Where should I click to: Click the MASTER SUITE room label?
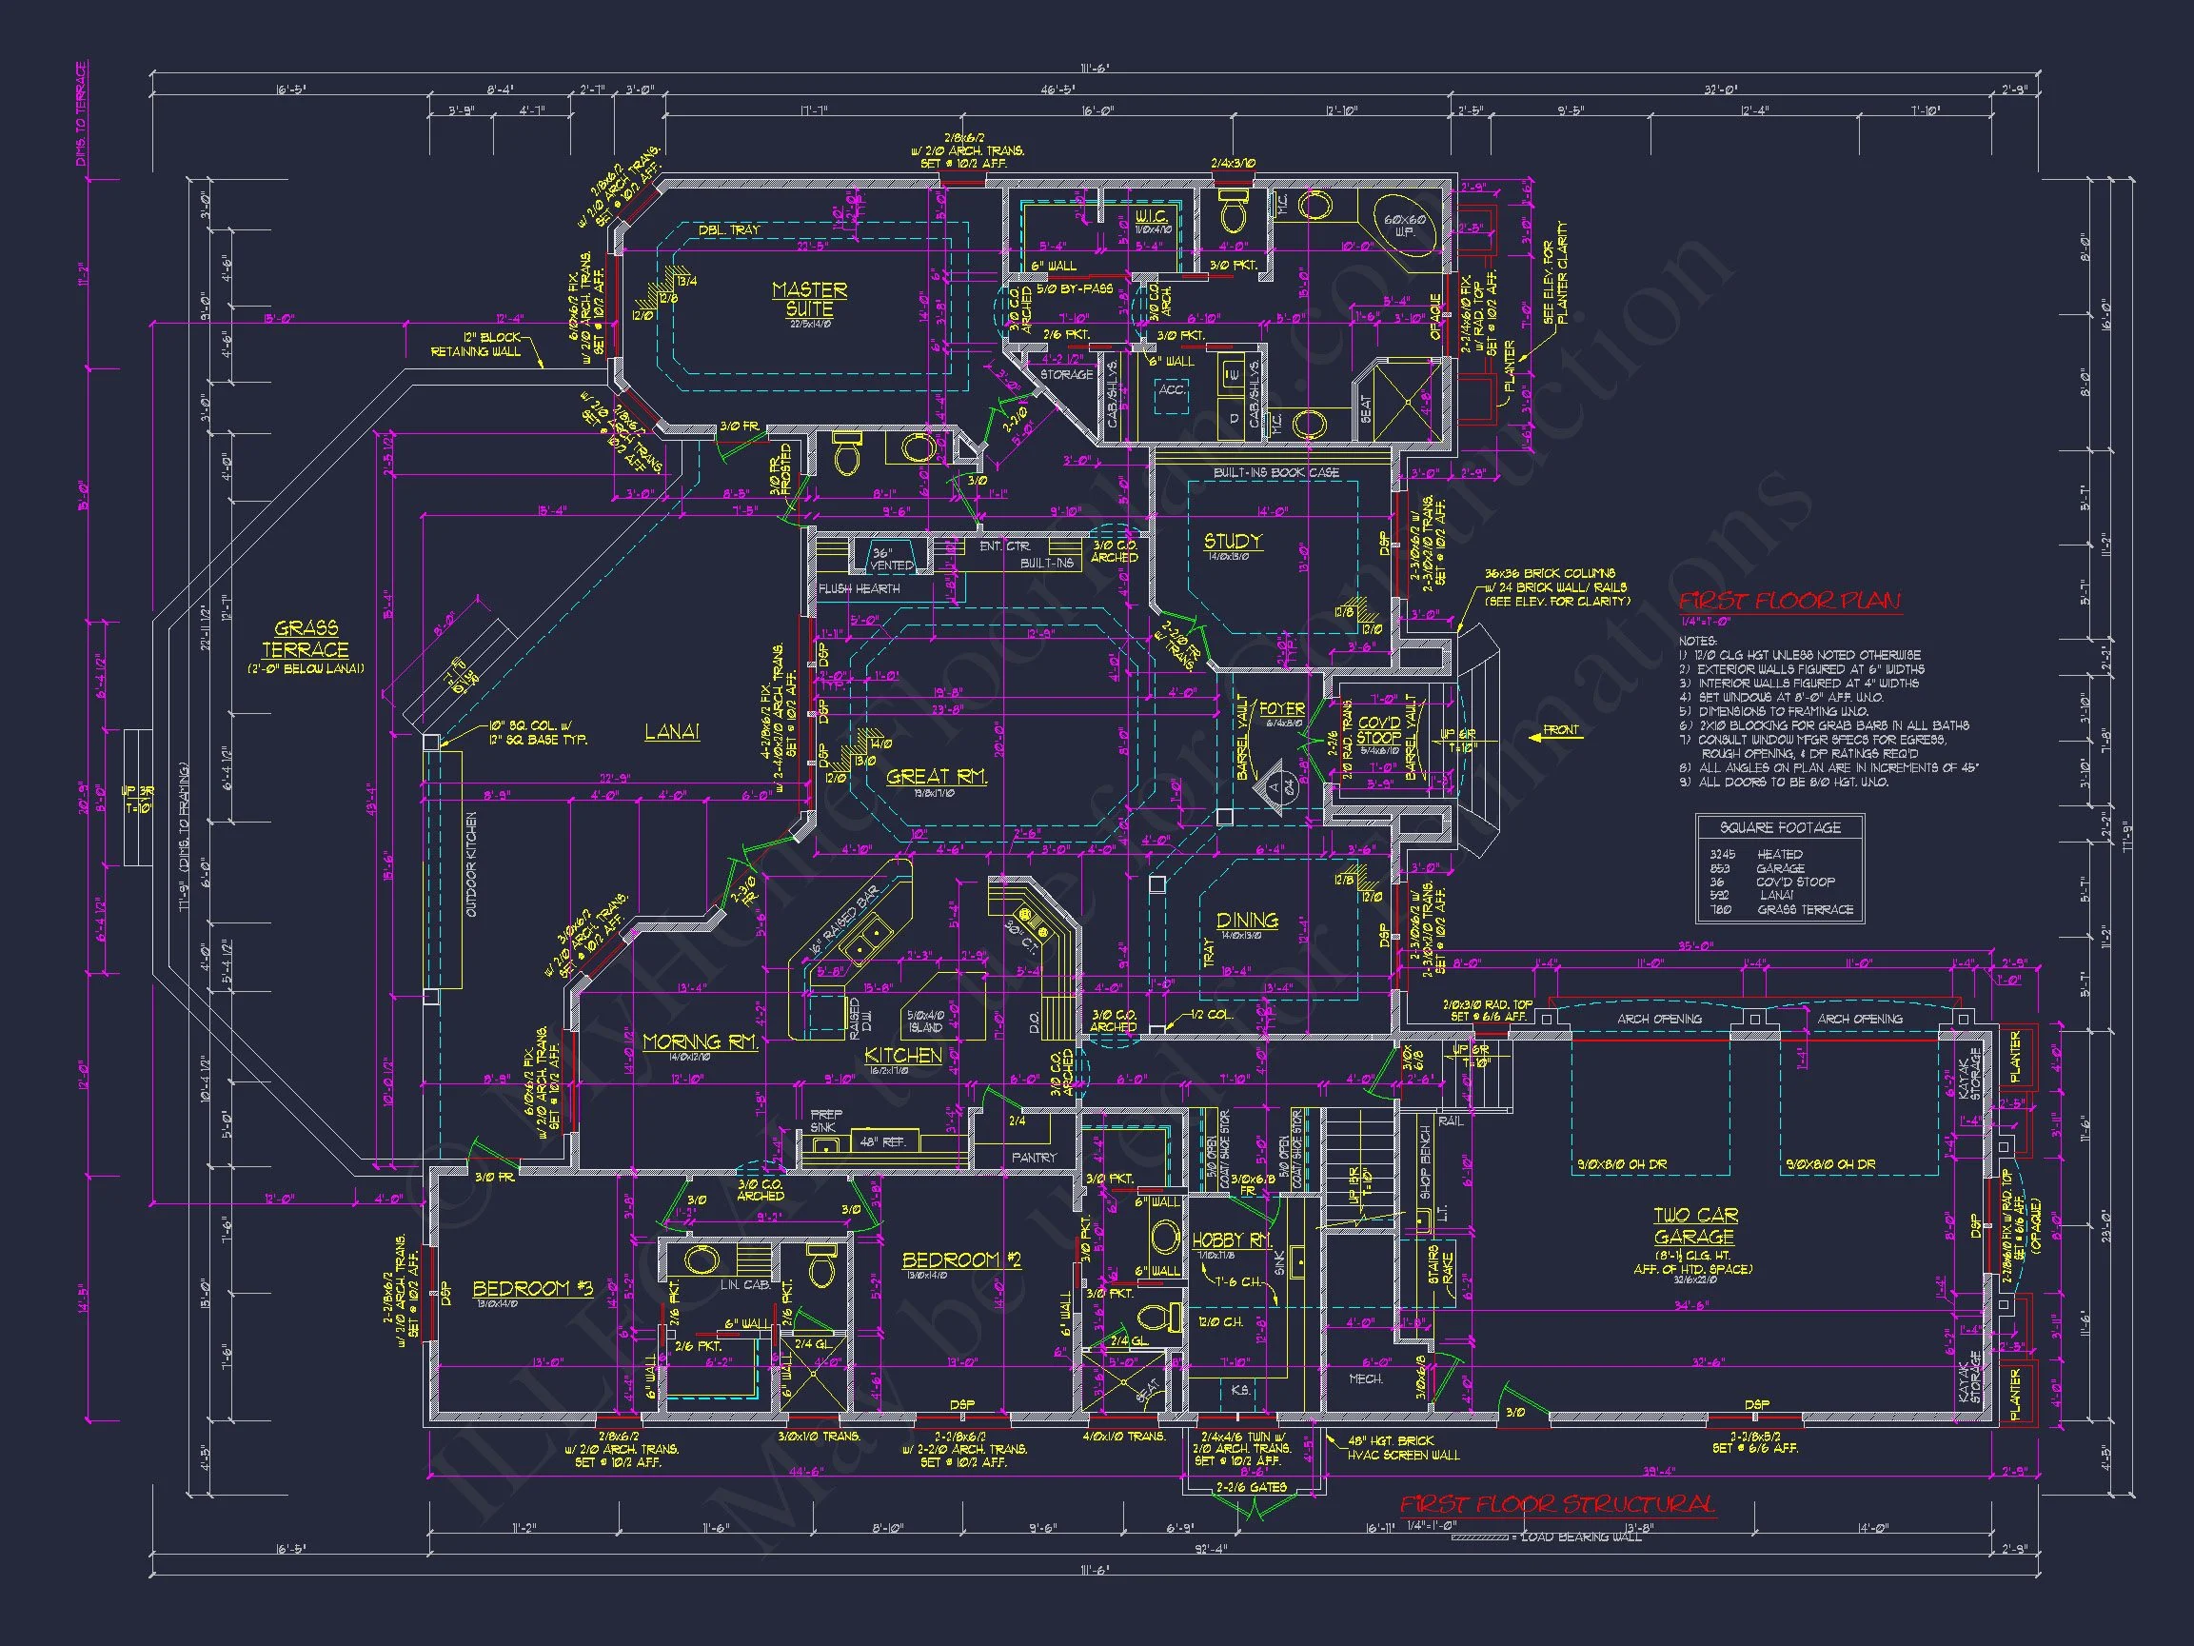pyautogui.click(x=809, y=299)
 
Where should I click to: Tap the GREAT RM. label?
pyautogui.click(x=937, y=777)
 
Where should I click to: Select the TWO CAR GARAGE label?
pyautogui.click(x=1694, y=1226)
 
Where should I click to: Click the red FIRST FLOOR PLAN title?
pyautogui.click(x=1789, y=602)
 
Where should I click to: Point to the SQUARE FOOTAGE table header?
pyautogui.click(x=1779, y=827)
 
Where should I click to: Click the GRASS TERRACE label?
pyautogui.click(x=306, y=639)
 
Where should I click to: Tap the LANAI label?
pyautogui.click(x=671, y=732)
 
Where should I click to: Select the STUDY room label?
pyautogui.click(x=1233, y=542)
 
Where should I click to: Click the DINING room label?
pyautogui.click(x=1247, y=921)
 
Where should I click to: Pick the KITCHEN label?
pyautogui.click(x=902, y=1056)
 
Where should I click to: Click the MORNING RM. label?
pyautogui.click(x=701, y=1041)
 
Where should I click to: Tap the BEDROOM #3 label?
pyautogui.click(x=533, y=1289)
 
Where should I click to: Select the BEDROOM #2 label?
pyautogui.click(x=961, y=1260)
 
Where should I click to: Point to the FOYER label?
pyautogui.click(x=1281, y=709)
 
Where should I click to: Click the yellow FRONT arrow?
pyautogui.click(x=1553, y=731)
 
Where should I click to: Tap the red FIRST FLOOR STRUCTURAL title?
pyautogui.click(x=1556, y=1505)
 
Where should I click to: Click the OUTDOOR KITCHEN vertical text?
pyautogui.click(x=471, y=864)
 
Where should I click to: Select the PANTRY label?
pyautogui.click(x=1034, y=1158)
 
